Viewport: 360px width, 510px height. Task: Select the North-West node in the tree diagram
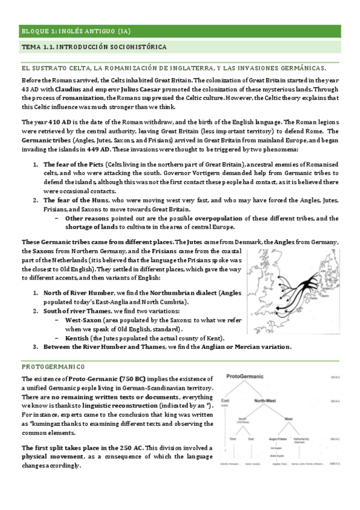[267, 400]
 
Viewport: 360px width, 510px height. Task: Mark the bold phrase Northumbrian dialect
[183, 292]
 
